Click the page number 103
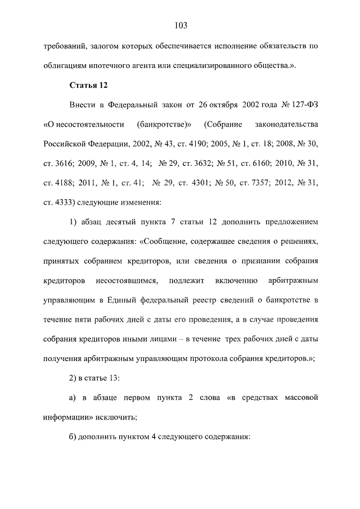[x=180, y=25]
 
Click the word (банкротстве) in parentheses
[x=164, y=124]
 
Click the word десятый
[x=127, y=223]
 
